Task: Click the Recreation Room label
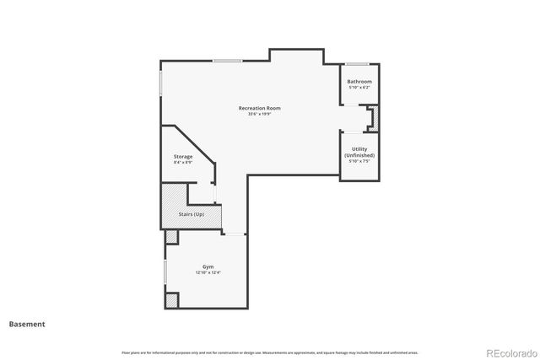pyautogui.click(x=259, y=108)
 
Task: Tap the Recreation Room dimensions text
pyautogui.click(x=259, y=115)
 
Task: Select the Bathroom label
pyautogui.click(x=359, y=82)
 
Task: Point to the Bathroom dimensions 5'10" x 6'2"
pyautogui.click(x=359, y=88)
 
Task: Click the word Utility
pyautogui.click(x=359, y=149)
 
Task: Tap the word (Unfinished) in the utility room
pyautogui.click(x=359, y=155)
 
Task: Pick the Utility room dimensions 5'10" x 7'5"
pyautogui.click(x=359, y=161)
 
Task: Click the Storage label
pyautogui.click(x=183, y=156)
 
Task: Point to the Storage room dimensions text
pyautogui.click(x=183, y=162)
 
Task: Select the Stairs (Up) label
pyautogui.click(x=192, y=214)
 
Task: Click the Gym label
pyautogui.click(x=207, y=266)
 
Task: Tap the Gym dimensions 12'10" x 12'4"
pyautogui.click(x=207, y=272)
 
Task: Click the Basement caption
pyautogui.click(x=27, y=324)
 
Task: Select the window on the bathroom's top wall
pyautogui.click(x=355, y=64)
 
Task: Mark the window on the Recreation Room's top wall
pyautogui.click(x=227, y=60)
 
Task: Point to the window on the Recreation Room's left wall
pyautogui.click(x=161, y=82)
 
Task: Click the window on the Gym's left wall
pyautogui.click(x=165, y=275)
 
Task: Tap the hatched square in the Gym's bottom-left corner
pyautogui.click(x=171, y=300)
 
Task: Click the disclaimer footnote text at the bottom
pyautogui.click(x=269, y=352)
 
